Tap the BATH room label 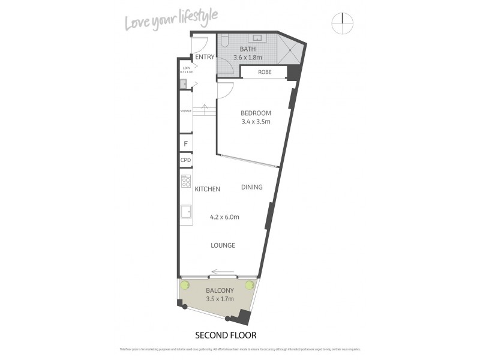pyautogui.click(x=248, y=49)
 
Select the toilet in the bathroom pyautogui.click(x=224, y=41)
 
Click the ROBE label pyautogui.click(x=264, y=72)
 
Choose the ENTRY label pyautogui.click(x=205, y=58)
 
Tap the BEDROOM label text pyautogui.click(x=256, y=113)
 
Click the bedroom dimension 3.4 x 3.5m pyautogui.click(x=256, y=122)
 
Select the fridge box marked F pyautogui.click(x=185, y=144)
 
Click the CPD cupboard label pyautogui.click(x=185, y=160)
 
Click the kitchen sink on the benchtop pyautogui.click(x=186, y=211)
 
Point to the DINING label pyautogui.click(x=252, y=187)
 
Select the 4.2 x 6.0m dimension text pyautogui.click(x=224, y=217)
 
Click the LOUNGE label pyautogui.click(x=223, y=245)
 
